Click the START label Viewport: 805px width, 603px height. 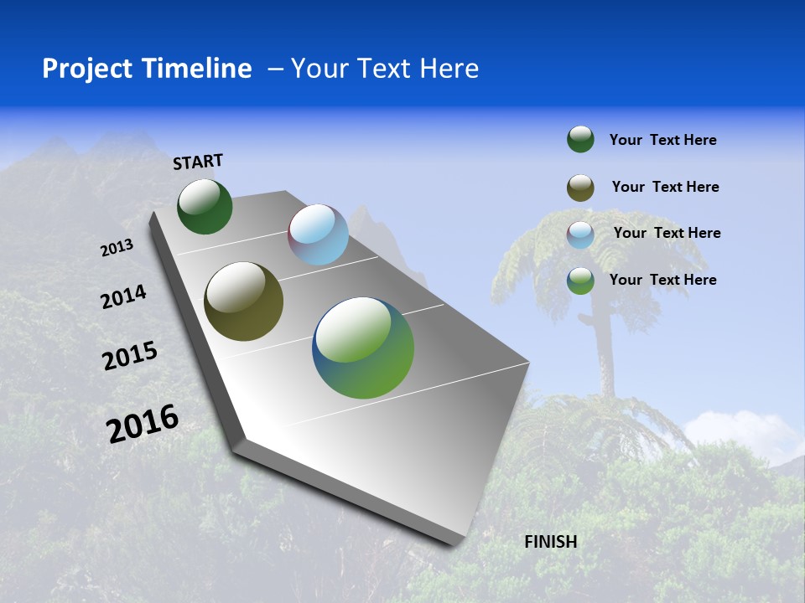pyautogui.click(x=198, y=162)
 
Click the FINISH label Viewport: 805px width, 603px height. pyautogui.click(x=550, y=542)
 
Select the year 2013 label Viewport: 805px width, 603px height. pyautogui.click(x=117, y=248)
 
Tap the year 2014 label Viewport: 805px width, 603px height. pyautogui.click(x=123, y=296)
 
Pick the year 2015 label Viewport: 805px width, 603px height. pyautogui.click(x=129, y=356)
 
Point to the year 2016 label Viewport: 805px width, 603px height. pyautogui.click(x=143, y=423)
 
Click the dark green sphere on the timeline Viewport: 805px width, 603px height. pyautogui.click(x=205, y=207)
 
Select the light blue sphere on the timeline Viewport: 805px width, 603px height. pyautogui.click(x=318, y=234)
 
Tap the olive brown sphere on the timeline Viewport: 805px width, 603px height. pyautogui.click(x=243, y=301)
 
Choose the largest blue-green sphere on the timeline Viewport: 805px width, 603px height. pyautogui.click(x=363, y=348)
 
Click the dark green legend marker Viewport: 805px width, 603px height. pyautogui.click(x=580, y=140)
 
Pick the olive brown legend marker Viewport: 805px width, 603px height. pyautogui.click(x=580, y=188)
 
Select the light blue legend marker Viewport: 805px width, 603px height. pyautogui.click(x=580, y=234)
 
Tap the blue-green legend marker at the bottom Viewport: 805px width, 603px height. pyautogui.click(x=580, y=281)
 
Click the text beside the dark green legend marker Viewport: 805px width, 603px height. pyautogui.click(x=662, y=141)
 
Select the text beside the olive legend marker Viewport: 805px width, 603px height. pyautogui.click(x=665, y=187)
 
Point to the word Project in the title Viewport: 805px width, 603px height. pyautogui.click(x=87, y=69)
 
